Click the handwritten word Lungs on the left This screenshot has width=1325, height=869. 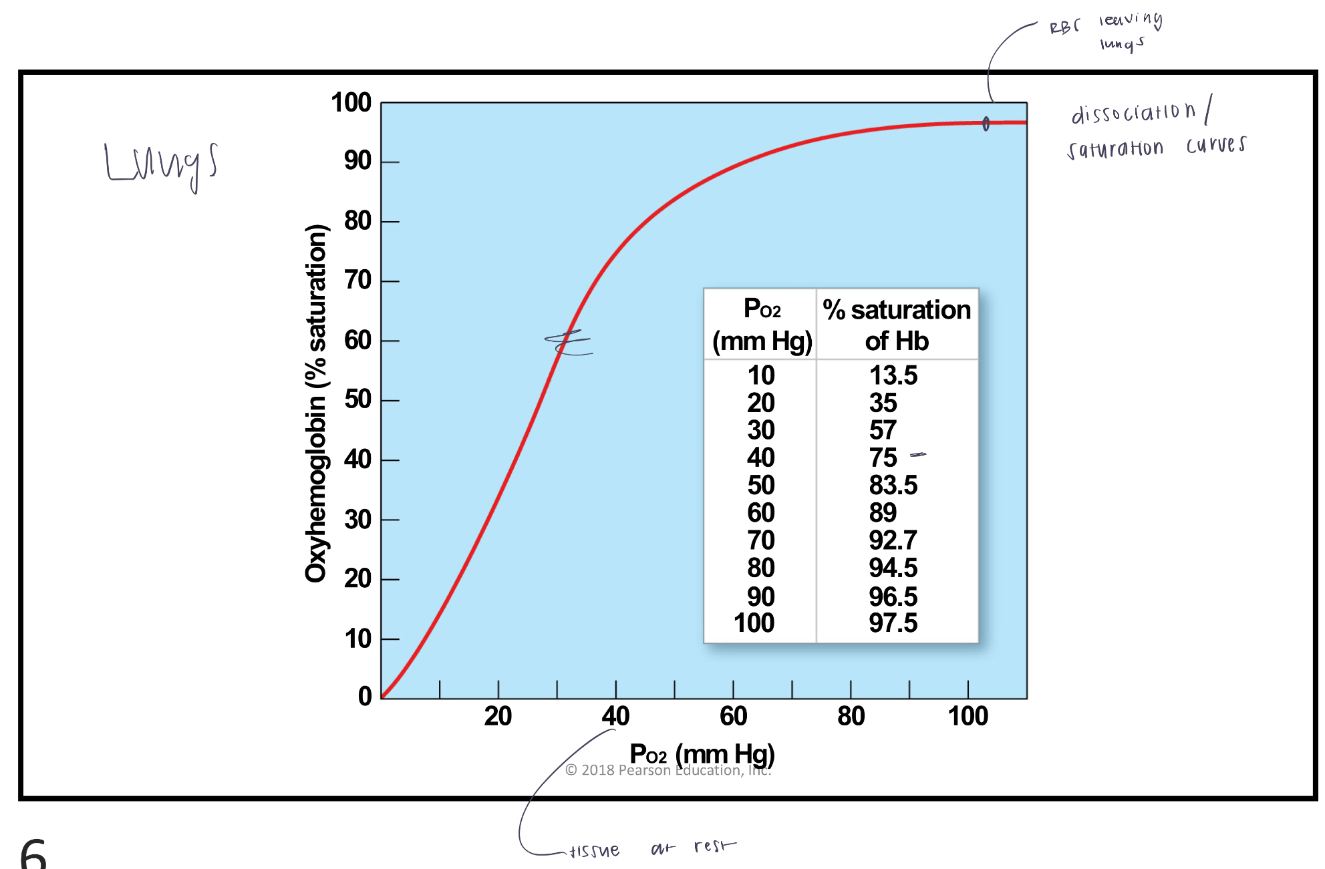[161, 164]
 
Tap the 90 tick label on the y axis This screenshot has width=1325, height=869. [357, 161]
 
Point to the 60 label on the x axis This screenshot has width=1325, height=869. [733, 716]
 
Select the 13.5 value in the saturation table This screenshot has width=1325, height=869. [893, 375]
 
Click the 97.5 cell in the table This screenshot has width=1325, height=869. [893, 623]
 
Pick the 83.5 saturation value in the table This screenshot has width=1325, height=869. [893, 486]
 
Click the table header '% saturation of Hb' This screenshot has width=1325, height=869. [897, 325]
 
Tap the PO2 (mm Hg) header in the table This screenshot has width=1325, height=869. [762, 325]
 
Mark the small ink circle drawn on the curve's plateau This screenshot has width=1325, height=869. [986, 124]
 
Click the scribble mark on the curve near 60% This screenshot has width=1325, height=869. [568, 342]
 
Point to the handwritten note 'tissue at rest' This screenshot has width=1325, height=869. [651, 849]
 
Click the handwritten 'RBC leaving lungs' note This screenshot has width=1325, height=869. [1106, 31]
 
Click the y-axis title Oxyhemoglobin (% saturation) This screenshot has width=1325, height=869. [316, 403]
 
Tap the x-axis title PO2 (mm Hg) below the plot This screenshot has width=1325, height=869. [702, 753]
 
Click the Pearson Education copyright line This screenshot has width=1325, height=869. [668, 770]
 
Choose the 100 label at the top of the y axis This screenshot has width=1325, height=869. [351, 103]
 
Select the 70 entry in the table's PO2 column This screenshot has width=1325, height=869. [760, 540]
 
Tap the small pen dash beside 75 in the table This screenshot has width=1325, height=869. [918, 455]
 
